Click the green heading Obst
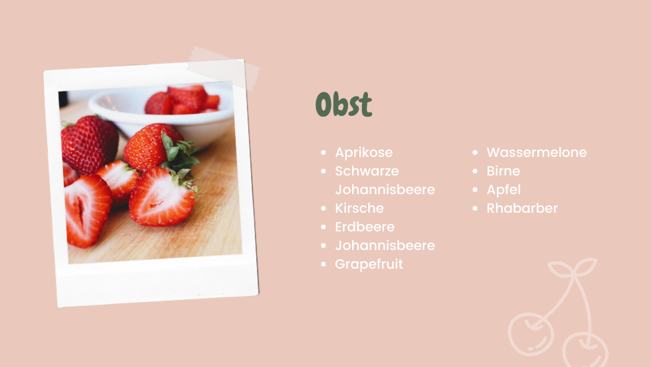tap(344, 104)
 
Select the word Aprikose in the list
tap(364, 152)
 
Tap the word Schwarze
tap(367, 171)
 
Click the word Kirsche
tap(359, 208)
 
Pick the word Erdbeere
tap(365, 227)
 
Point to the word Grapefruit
tap(369, 265)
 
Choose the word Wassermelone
tap(537, 152)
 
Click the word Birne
tap(504, 172)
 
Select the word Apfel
tap(504, 190)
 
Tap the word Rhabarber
tap(522, 208)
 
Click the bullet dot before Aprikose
tap(324, 152)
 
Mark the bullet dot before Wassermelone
tap(475, 152)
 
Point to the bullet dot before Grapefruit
tap(324, 265)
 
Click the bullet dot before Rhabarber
tap(475, 208)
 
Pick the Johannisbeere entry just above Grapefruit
tap(385, 245)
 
